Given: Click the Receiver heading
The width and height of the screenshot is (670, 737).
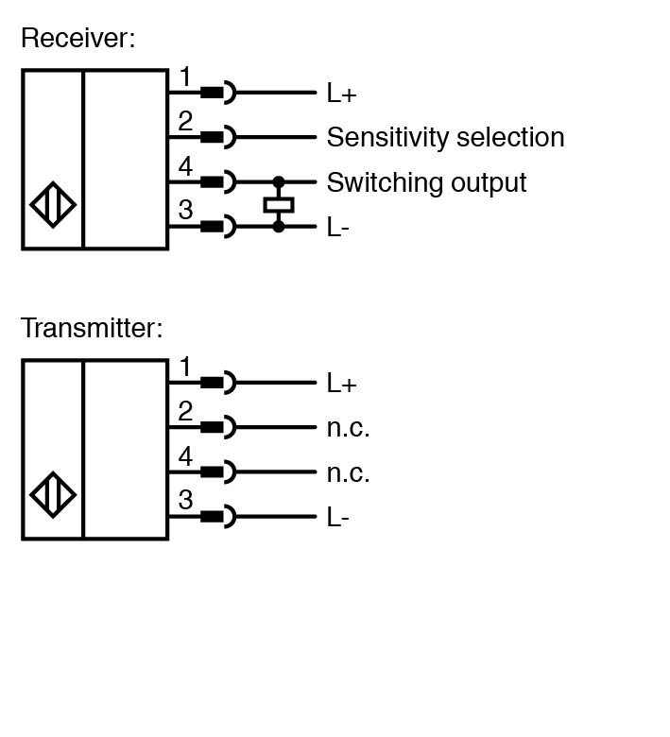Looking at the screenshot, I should point(78,39).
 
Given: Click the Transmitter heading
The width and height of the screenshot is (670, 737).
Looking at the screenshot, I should point(92,328).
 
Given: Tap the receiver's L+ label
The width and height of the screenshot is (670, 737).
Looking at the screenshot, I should point(341,94).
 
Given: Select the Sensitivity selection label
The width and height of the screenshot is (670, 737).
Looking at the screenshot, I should point(445,138).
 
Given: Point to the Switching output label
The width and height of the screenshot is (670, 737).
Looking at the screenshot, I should point(426,182).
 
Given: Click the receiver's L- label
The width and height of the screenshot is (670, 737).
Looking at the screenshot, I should point(338,228).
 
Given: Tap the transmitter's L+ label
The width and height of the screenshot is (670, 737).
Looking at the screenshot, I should point(341,384).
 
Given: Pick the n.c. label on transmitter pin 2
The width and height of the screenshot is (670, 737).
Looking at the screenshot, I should point(348,428).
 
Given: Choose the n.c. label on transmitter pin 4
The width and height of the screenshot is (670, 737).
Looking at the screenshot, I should point(348,472).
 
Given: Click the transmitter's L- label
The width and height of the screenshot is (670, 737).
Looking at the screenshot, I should point(338,518).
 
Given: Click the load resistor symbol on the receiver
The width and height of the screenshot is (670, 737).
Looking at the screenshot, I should point(279,204).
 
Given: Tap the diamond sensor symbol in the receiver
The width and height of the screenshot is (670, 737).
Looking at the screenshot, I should point(54,204).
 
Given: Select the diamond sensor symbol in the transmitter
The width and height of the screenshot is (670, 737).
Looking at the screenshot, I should point(54,494).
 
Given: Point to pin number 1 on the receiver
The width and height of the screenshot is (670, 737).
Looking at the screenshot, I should point(185,77).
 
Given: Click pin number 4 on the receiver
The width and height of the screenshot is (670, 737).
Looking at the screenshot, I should point(185,167).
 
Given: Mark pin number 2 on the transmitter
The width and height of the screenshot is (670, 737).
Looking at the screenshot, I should point(185,412).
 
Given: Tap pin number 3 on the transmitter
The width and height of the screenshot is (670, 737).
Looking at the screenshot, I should point(185,501).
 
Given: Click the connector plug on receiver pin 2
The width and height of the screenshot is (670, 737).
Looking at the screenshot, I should point(217,137).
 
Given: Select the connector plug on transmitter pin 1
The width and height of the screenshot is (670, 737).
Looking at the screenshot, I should point(217,383).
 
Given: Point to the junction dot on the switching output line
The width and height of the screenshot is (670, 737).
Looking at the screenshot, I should point(279,181).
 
